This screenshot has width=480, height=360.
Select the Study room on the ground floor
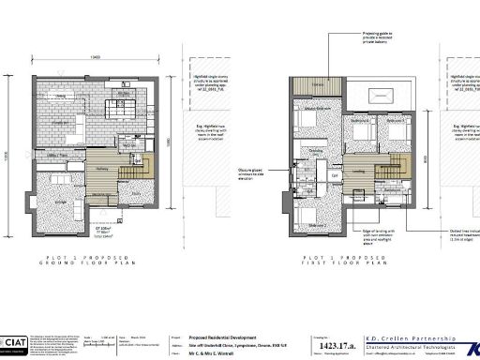click(137, 191)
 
